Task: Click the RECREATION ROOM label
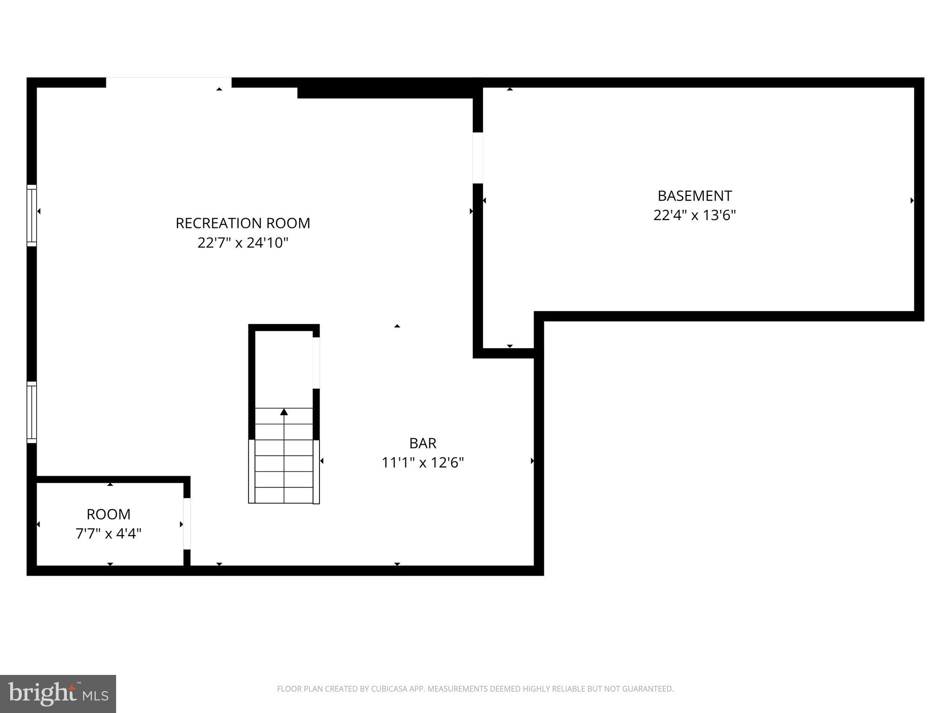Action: click(x=243, y=223)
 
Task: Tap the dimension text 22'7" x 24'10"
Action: click(x=243, y=243)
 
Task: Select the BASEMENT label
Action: click(x=695, y=196)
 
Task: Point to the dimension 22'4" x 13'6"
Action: click(x=695, y=215)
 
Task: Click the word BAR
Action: click(x=423, y=443)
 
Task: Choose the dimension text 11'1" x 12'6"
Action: click(x=423, y=463)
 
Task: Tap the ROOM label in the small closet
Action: click(x=109, y=514)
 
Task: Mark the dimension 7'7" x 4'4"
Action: click(x=109, y=534)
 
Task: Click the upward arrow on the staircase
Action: click(x=284, y=412)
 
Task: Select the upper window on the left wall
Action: click(x=32, y=215)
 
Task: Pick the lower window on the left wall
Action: click(x=32, y=412)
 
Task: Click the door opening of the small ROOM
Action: click(x=187, y=524)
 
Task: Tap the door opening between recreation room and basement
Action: click(x=478, y=158)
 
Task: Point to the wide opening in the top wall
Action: click(x=169, y=83)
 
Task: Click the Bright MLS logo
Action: click(x=58, y=694)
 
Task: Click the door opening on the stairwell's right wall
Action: click(x=316, y=363)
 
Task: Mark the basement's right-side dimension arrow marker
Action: click(x=912, y=201)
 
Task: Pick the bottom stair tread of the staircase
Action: click(x=284, y=495)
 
